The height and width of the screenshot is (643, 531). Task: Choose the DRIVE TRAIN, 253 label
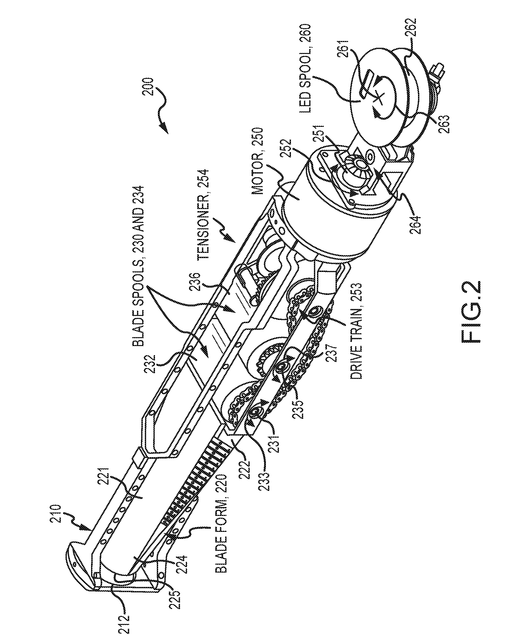coord(356,331)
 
